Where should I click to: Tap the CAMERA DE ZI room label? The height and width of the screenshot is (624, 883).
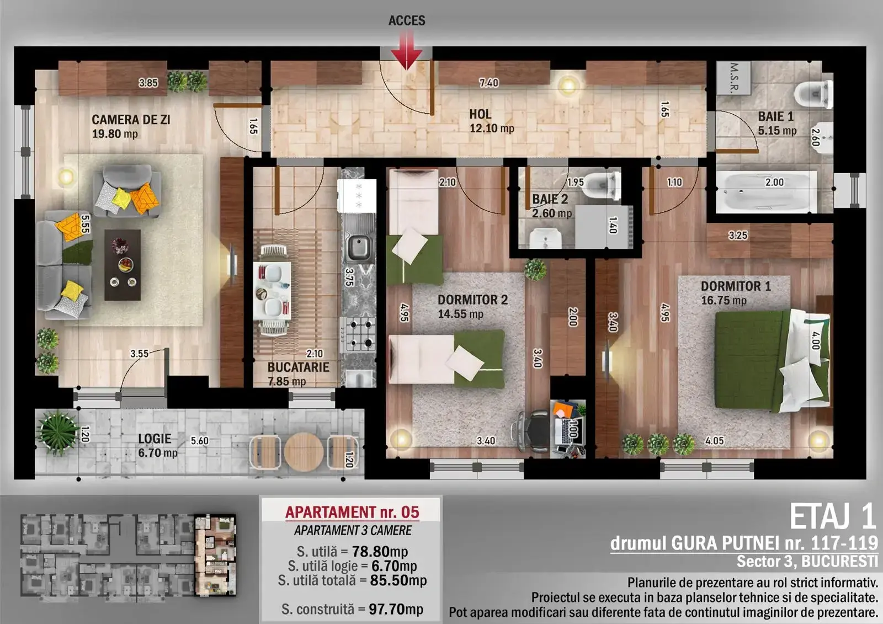(131, 120)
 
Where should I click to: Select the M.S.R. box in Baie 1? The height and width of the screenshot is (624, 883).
(733, 78)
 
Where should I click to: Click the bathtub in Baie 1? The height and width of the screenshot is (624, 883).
(766, 192)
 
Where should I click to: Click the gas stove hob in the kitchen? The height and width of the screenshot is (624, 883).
(358, 334)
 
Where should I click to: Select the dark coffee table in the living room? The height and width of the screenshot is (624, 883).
(123, 265)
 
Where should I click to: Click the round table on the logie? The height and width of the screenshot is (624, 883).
(304, 451)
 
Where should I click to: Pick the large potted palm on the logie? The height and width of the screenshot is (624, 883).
(58, 433)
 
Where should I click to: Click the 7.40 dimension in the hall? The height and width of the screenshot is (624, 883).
(489, 83)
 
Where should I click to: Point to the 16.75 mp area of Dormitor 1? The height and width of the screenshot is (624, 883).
(724, 300)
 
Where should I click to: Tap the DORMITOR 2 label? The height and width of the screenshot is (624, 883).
(472, 300)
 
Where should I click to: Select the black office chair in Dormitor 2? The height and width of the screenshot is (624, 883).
(532, 431)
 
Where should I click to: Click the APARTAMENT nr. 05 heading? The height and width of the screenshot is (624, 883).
(353, 512)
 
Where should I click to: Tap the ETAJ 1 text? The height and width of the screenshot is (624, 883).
(833, 517)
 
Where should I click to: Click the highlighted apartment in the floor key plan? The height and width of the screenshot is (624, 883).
(215, 554)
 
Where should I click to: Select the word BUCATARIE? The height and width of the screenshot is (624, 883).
(299, 367)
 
